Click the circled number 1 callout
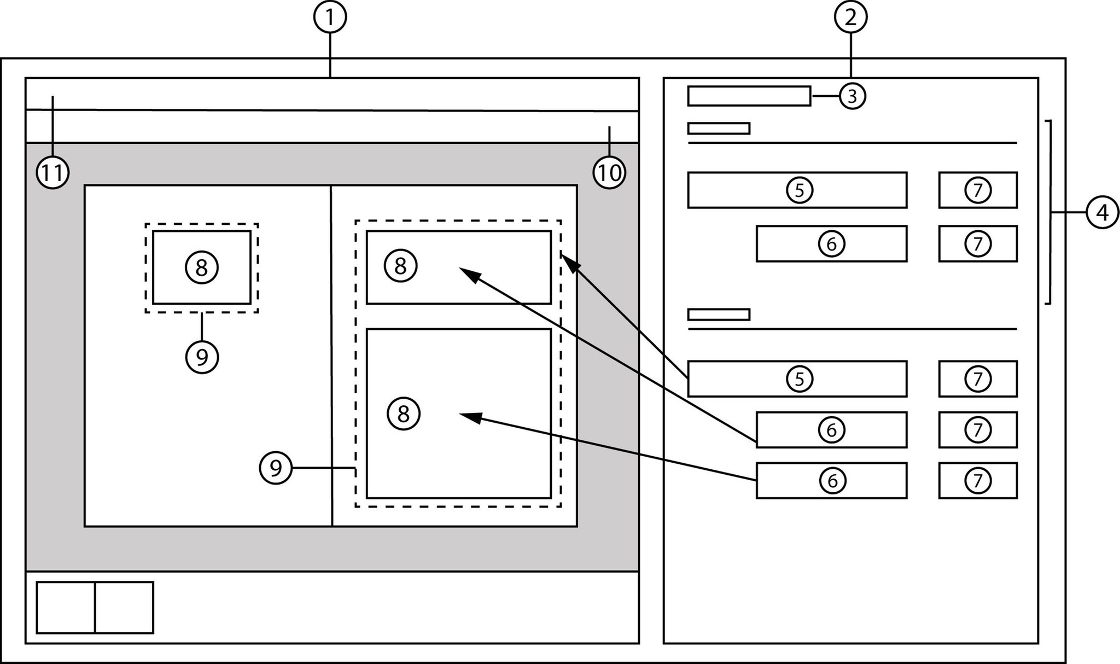click(329, 18)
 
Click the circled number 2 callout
click(850, 18)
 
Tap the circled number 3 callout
click(852, 96)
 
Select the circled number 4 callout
click(1102, 212)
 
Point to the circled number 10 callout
click(609, 173)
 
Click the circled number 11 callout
click(52, 173)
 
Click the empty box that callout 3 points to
click(749, 96)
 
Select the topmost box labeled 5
click(797, 190)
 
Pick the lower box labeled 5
click(797, 378)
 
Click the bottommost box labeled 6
click(831, 480)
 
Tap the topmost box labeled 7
click(978, 190)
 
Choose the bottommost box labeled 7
click(978, 480)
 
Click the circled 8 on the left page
click(202, 267)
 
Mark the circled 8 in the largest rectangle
click(404, 414)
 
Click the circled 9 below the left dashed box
click(202, 357)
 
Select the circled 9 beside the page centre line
click(276, 468)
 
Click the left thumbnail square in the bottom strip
click(66, 608)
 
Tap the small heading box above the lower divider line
click(718, 314)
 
